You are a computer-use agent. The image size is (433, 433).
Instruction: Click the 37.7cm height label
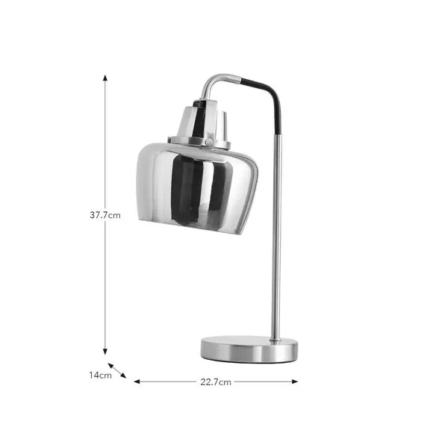click(x=105, y=215)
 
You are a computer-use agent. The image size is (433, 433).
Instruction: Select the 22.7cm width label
click(x=216, y=381)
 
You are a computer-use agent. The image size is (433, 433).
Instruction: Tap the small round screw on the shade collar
click(x=209, y=142)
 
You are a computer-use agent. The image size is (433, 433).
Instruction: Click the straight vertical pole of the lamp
click(x=277, y=239)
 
